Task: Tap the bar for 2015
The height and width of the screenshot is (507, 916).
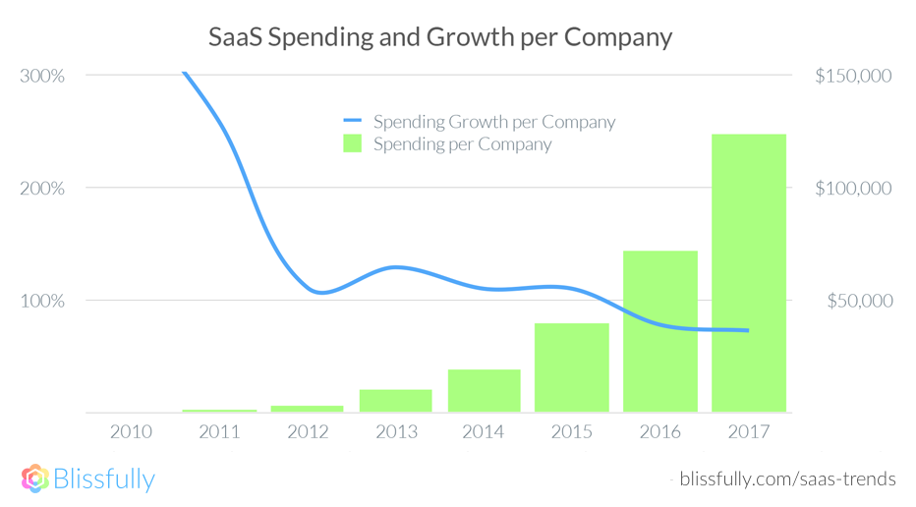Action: pos(572,366)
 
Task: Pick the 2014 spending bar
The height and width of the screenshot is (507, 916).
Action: pos(484,390)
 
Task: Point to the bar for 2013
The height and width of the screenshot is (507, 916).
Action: pos(395,400)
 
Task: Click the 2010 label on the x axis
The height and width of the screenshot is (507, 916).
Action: pos(131,431)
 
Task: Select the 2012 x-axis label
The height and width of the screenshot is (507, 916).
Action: pos(307,431)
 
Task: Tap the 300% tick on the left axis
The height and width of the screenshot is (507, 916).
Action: pos(41,76)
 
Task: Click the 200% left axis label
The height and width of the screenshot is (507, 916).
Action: pos(41,188)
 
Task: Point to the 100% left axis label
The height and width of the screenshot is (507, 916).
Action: pos(41,301)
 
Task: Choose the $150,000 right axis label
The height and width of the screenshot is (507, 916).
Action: pos(852,76)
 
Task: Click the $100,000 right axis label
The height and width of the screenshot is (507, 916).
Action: pos(852,188)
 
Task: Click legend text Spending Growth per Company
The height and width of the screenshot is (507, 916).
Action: pos(494,122)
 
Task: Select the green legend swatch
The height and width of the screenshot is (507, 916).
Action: pos(352,144)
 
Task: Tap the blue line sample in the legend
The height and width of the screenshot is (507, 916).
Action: pos(352,122)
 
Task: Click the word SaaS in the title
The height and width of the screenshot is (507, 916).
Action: pos(236,37)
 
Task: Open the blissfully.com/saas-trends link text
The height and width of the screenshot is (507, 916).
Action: pos(787,479)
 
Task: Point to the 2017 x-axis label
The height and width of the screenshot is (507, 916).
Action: pos(748,431)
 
